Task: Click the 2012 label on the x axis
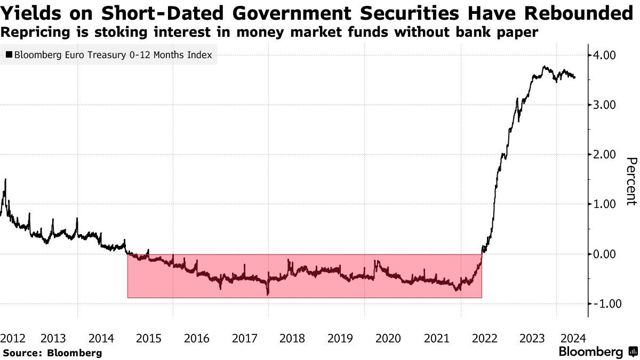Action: pyautogui.click(x=13, y=338)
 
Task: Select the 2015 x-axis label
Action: pyautogui.click(x=149, y=338)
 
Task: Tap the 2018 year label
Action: pyautogui.click(x=292, y=338)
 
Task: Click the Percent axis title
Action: pyautogui.click(x=631, y=181)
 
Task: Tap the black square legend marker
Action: pyautogui.click(x=9, y=55)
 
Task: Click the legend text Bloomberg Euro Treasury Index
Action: pyautogui.click(x=113, y=55)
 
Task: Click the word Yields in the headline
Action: pyautogui.click(x=34, y=13)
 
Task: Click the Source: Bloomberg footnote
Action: pyautogui.click(x=52, y=353)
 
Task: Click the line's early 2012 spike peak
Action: pyautogui.click(x=5, y=180)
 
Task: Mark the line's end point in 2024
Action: pyautogui.click(x=575, y=78)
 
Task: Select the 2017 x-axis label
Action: pyautogui.click(x=244, y=338)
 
